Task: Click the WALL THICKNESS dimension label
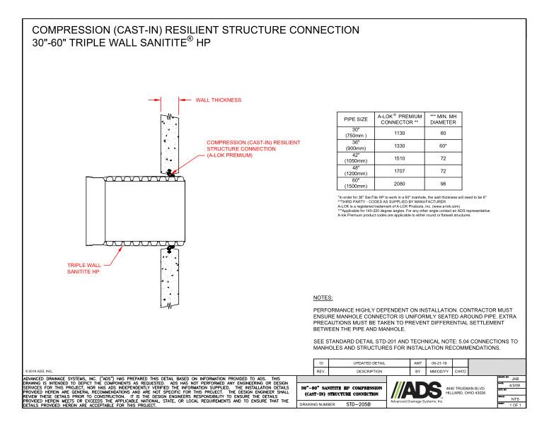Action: pyautogui.click(x=217, y=100)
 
